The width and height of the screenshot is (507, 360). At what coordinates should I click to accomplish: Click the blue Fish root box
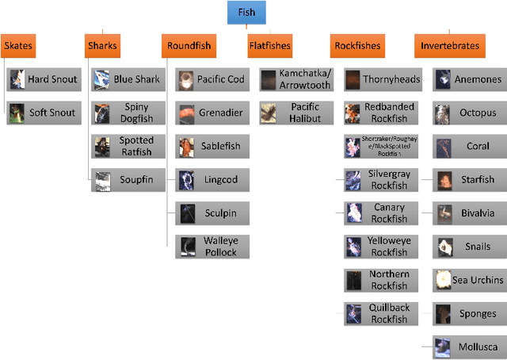246,13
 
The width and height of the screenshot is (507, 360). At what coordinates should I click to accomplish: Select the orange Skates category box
18,45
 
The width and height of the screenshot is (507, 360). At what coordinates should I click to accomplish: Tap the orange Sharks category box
102,45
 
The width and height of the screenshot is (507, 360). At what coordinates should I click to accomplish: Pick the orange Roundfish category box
189,45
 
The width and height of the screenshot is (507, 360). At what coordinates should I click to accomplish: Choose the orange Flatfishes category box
269,45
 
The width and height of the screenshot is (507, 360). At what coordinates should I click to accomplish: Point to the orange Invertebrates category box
450,45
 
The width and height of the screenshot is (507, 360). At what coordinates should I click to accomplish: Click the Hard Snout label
52,79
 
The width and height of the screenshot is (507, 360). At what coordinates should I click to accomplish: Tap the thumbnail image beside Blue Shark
101,79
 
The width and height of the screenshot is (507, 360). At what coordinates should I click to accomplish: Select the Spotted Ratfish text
136,146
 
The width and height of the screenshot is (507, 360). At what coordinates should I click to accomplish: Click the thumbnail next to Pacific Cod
185,79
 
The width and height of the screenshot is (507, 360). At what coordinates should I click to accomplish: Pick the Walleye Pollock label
220,247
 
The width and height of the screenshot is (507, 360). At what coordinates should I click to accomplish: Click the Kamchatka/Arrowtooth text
305,79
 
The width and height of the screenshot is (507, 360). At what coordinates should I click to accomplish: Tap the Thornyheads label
391,79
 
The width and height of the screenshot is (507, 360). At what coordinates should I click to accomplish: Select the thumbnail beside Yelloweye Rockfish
353,247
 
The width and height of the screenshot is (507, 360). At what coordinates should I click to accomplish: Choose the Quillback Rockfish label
388,314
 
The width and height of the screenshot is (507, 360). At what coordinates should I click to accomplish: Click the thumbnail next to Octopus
443,113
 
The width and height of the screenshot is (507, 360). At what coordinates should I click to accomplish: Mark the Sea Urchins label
478,280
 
